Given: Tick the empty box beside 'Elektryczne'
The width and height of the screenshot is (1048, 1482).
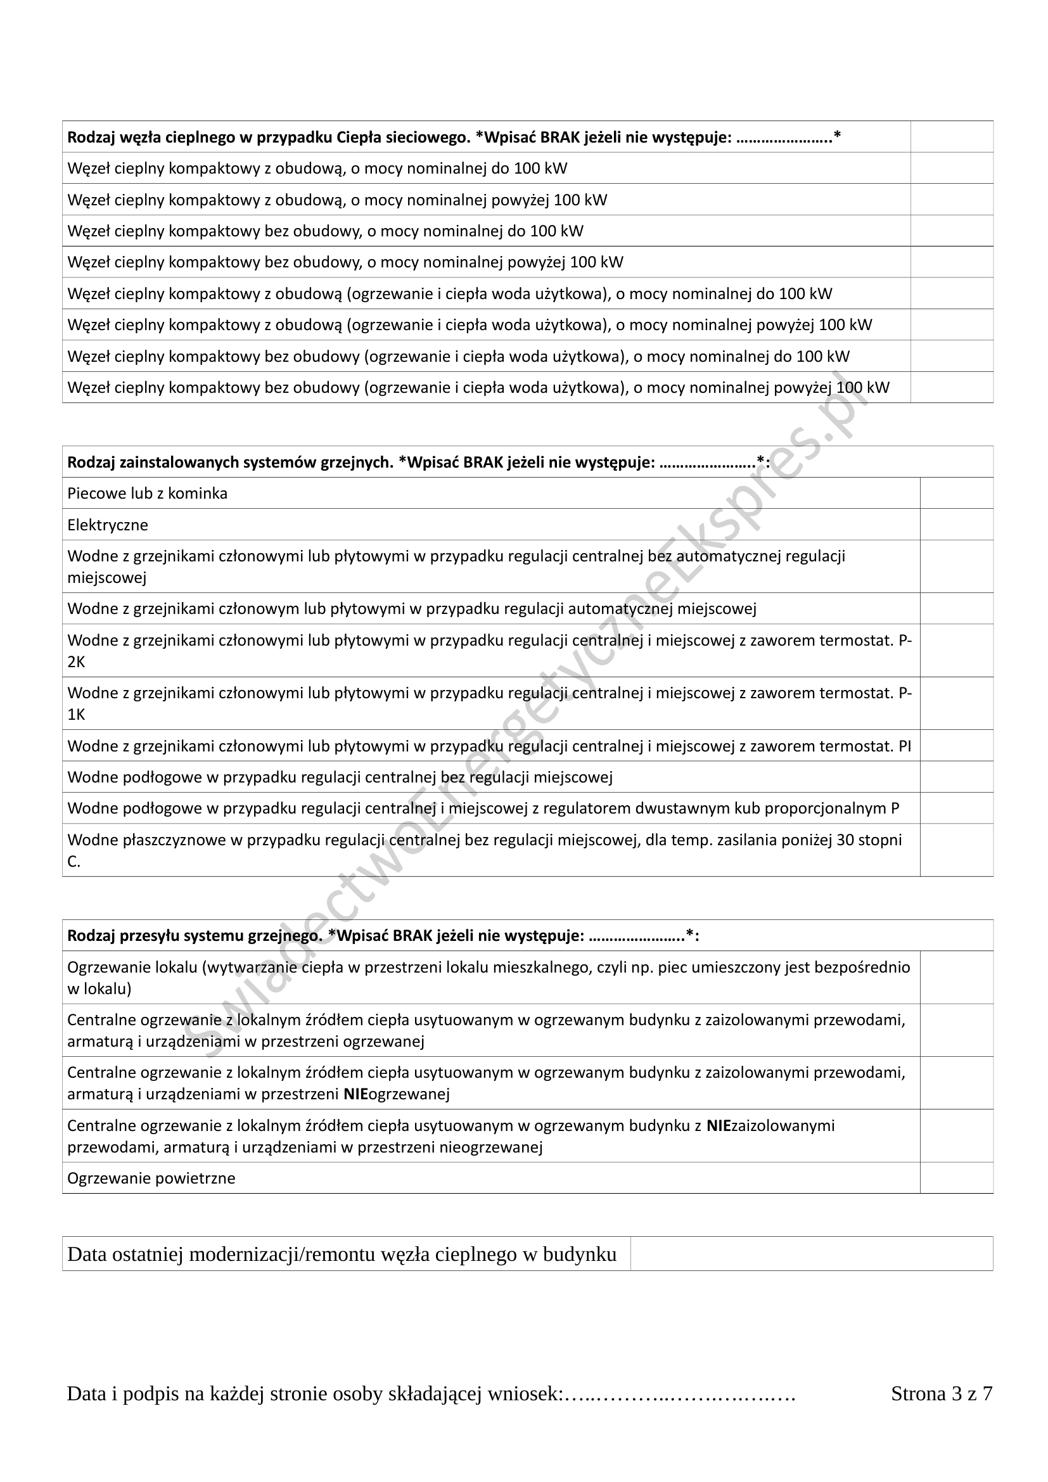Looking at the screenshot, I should coord(955,524).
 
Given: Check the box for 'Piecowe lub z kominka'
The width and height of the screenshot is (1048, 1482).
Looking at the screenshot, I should coord(955,493).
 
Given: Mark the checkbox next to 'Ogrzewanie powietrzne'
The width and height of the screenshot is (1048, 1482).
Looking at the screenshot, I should coord(955,1178).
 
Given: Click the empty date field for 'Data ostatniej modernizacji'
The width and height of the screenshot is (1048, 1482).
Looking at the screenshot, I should coord(811,1254).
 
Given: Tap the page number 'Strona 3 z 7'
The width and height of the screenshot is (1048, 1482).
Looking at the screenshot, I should coord(941,1393).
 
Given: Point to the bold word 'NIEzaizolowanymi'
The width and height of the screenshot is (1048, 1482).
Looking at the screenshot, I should coord(770,1126).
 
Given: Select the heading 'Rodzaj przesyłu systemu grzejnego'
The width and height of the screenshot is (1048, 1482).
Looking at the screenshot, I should coord(194,936).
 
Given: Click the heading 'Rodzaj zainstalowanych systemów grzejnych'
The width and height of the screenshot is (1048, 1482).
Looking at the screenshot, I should coord(230,462).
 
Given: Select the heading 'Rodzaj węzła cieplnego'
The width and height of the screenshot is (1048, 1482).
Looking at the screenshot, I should coord(162,137).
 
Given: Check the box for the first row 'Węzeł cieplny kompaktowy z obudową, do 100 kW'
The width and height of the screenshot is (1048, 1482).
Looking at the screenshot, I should coord(951,169).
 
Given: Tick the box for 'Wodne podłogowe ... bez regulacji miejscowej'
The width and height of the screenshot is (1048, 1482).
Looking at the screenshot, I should coord(955,777).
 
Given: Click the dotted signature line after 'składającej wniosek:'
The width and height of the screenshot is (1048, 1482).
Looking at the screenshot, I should coord(680,1394).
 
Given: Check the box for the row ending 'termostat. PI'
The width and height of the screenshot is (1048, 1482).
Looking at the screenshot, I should coord(955,746).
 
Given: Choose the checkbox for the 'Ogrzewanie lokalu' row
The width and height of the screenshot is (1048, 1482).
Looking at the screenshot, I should coord(955,977).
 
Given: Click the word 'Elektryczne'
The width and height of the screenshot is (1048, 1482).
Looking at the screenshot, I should coord(108,525).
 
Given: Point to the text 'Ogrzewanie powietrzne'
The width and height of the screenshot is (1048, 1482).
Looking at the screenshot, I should coord(151,1178).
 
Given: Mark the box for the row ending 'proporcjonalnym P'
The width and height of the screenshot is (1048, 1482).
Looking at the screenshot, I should coord(955,808).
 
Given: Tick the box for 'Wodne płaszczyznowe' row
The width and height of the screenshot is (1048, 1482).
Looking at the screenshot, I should coord(955,850).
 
